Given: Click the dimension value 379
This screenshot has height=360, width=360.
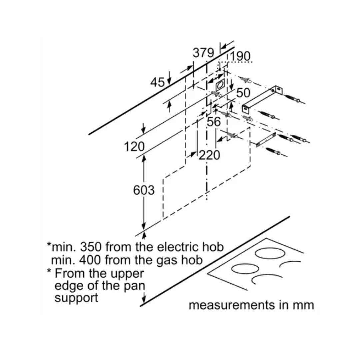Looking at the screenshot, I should coord(203,53).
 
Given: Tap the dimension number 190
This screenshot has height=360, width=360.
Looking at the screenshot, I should coord(240,57).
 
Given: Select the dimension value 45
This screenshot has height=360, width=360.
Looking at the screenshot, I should coord(157,82).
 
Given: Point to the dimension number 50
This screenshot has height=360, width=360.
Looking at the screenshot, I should coord(243,93).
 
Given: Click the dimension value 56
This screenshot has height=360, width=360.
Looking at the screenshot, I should coord(214,122).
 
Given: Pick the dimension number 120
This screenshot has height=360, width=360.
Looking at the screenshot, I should coord(134,146).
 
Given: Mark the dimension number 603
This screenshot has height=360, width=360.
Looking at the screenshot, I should coord(144,190).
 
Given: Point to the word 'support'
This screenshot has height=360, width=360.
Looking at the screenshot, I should coord(76,297).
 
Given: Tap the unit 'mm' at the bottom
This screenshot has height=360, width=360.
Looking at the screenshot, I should coord(304,305).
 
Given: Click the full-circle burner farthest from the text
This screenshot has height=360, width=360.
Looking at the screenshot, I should coord(270,253).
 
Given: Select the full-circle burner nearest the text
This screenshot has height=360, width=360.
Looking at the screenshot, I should coord(245,268).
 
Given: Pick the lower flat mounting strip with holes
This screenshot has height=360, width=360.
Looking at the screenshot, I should coord(266,140).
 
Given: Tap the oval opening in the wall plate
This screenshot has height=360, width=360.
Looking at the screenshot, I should coord(220,85).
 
